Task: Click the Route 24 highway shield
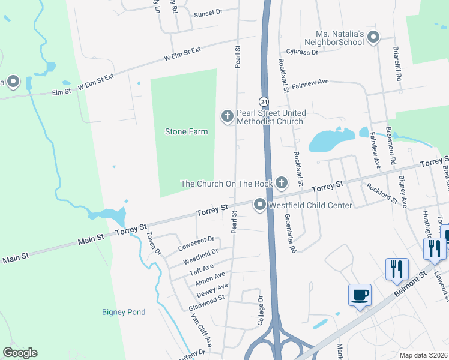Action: pyautogui.click(x=264, y=101)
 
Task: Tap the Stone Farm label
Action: pyautogui.click(x=186, y=131)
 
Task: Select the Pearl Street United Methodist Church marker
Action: pyautogui.click(x=227, y=116)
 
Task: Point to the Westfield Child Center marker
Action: pyautogui.click(x=260, y=205)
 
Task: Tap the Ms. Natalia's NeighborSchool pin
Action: pyautogui.click(x=373, y=37)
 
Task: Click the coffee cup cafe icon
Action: pyautogui.click(x=360, y=295)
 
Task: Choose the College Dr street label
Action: pyautogui.click(x=261, y=310)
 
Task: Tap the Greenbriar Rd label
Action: pyautogui.click(x=291, y=232)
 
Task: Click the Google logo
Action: pyautogui.click(x=20, y=352)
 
